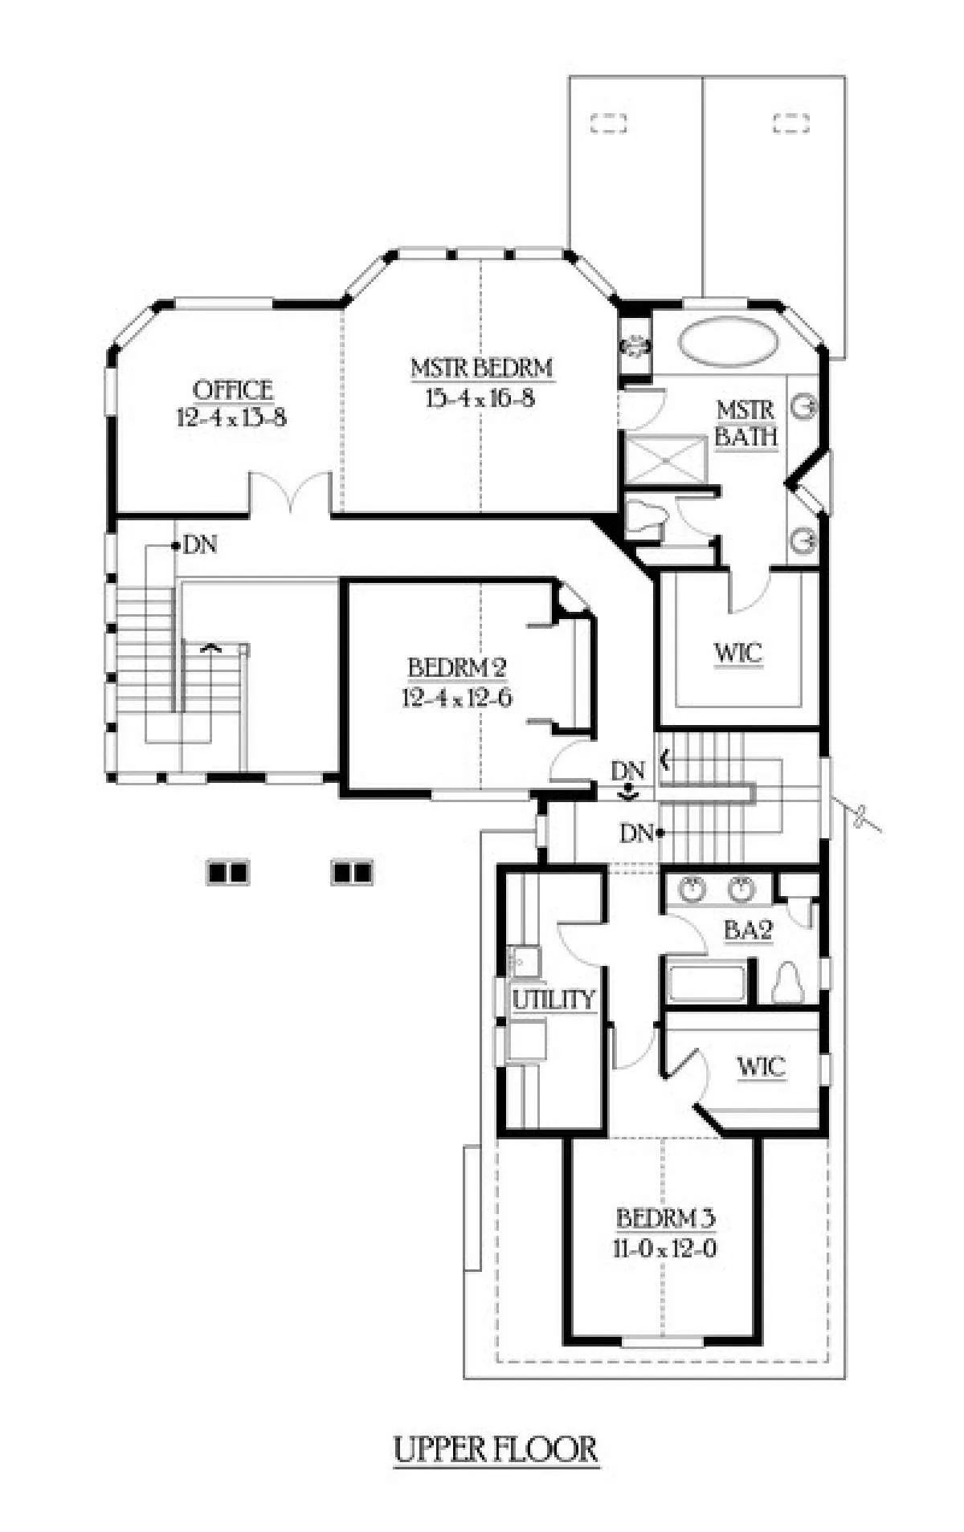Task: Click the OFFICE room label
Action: coord(233,391)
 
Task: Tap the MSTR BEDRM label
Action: coord(481,369)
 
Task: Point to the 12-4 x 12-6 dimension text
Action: coord(457,698)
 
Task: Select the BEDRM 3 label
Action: coord(665,1217)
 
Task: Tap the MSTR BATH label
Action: coord(746,423)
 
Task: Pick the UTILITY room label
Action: coord(554,1000)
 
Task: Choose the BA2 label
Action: coord(748,931)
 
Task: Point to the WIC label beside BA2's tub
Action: coord(761,1067)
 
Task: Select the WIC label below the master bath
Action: coord(738,653)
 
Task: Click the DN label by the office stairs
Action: coord(200,545)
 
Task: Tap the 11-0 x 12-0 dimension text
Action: coord(666,1249)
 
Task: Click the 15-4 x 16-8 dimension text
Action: coord(480,398)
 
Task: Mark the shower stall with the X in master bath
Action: coord(663,459)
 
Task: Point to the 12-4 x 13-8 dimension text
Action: coord(232,418)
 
